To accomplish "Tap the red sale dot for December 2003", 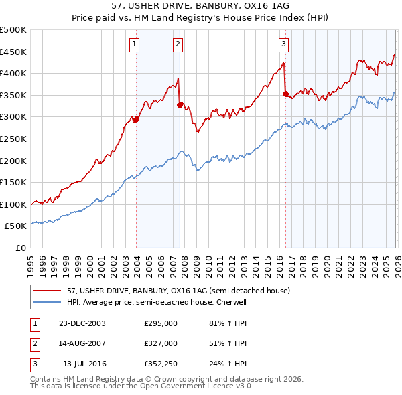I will click(x=136, y=119).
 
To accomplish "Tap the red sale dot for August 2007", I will click(x=180, y=105).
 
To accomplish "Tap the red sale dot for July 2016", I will click(x=285, y=94).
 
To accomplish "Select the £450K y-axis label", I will click(x=13, y=52).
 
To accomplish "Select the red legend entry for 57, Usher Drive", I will click(x=178, y=291).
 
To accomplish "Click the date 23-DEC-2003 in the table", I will click(x=82, y=323).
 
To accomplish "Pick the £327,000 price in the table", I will click(x=161, y=343).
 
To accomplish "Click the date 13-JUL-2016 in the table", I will click(x=84, y=364).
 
